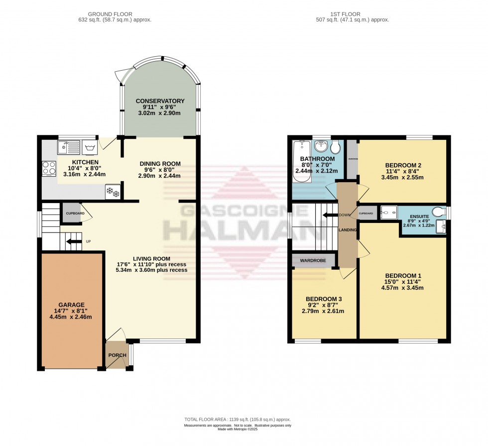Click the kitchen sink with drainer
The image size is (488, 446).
[68, 147]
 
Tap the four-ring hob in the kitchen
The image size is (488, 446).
[49, 168]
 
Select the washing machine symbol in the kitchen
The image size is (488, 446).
[90, 147]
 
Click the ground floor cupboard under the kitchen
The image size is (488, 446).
[71, 213]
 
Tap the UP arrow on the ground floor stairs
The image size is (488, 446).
[74, 242]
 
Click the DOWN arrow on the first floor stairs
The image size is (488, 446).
[328, 215]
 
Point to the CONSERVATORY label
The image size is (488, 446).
[160, 101]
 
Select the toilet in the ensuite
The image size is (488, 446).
[439, 213]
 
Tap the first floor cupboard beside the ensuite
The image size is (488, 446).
[366, 213]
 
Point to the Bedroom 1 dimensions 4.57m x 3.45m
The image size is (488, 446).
[402, 287]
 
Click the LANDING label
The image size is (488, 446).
[348, 230]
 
